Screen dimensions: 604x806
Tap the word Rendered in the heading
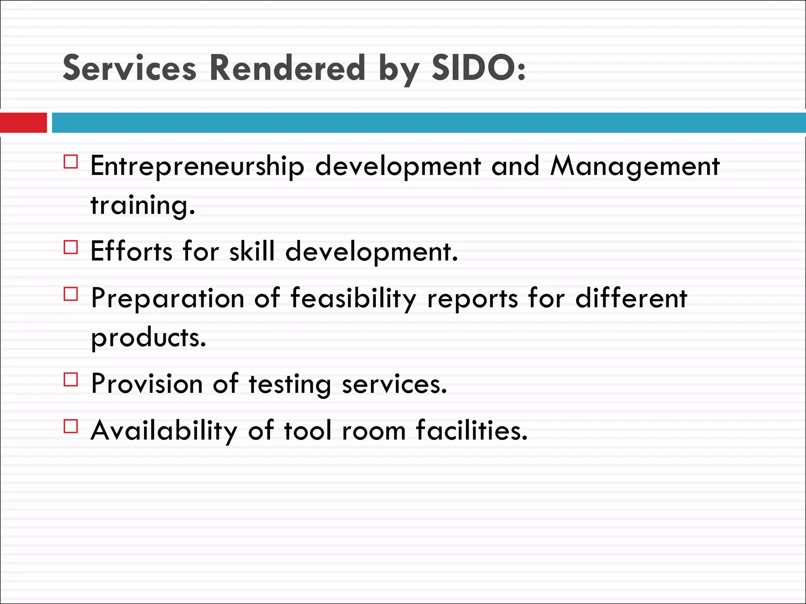[x=287, y=68]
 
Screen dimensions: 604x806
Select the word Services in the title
[x=129, y=68]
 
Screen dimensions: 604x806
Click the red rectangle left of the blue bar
[x=23, y=123]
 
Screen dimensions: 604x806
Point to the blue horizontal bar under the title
[x=429, y=123]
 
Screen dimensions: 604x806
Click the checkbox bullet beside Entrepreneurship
[x=71, y=162]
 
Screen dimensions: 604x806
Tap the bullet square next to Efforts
[x=71, y=247]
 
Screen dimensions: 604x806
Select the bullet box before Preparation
[x=71, y=294]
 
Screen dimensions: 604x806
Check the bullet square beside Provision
[x=71, y=379]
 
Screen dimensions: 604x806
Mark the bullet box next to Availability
[x=71, y=426]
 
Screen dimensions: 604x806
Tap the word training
[x=143, y=205]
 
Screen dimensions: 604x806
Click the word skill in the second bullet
[x=252, y=251]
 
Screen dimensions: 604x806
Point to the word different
[x=631, y=298]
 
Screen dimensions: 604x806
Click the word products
[x=148, y=338]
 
